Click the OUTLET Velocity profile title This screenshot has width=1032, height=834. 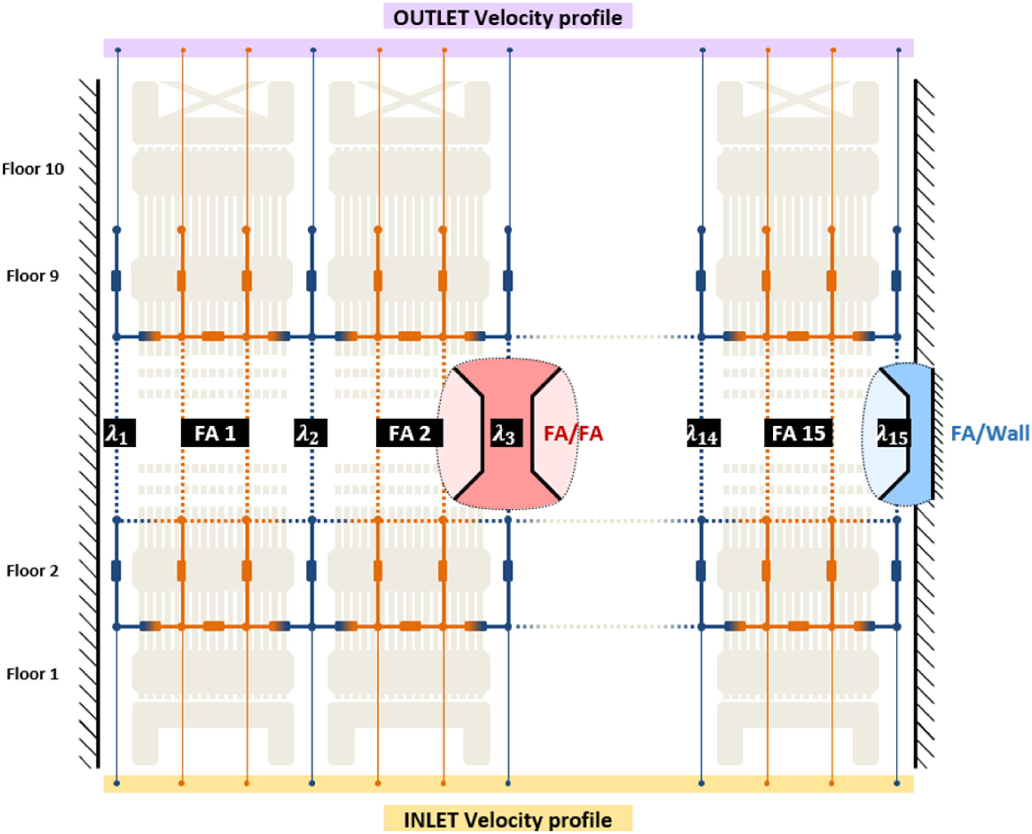pos(508,18)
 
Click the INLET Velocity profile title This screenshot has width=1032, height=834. pos(508,820)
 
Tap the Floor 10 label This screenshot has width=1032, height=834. pos(33,169)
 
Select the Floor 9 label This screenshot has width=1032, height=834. pos(33,276)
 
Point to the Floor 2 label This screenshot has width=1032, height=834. pos(33,571)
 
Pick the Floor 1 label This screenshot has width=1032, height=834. pos(33,674)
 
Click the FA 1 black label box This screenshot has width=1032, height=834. pos(215,434)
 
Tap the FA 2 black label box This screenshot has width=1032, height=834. pos(409,434)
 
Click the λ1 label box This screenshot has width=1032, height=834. pos(119,434)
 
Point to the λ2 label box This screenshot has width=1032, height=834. pos(310,434)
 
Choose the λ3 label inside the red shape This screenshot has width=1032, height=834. pos(506,434)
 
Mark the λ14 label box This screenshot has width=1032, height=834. pos(703,434)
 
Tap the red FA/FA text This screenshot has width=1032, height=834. pos(573,434)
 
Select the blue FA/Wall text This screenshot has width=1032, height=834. pos(990,434)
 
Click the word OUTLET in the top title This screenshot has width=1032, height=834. pos(431,18)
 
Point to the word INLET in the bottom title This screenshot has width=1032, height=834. pos(431,820)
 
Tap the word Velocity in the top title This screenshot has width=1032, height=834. pos(513,18)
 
